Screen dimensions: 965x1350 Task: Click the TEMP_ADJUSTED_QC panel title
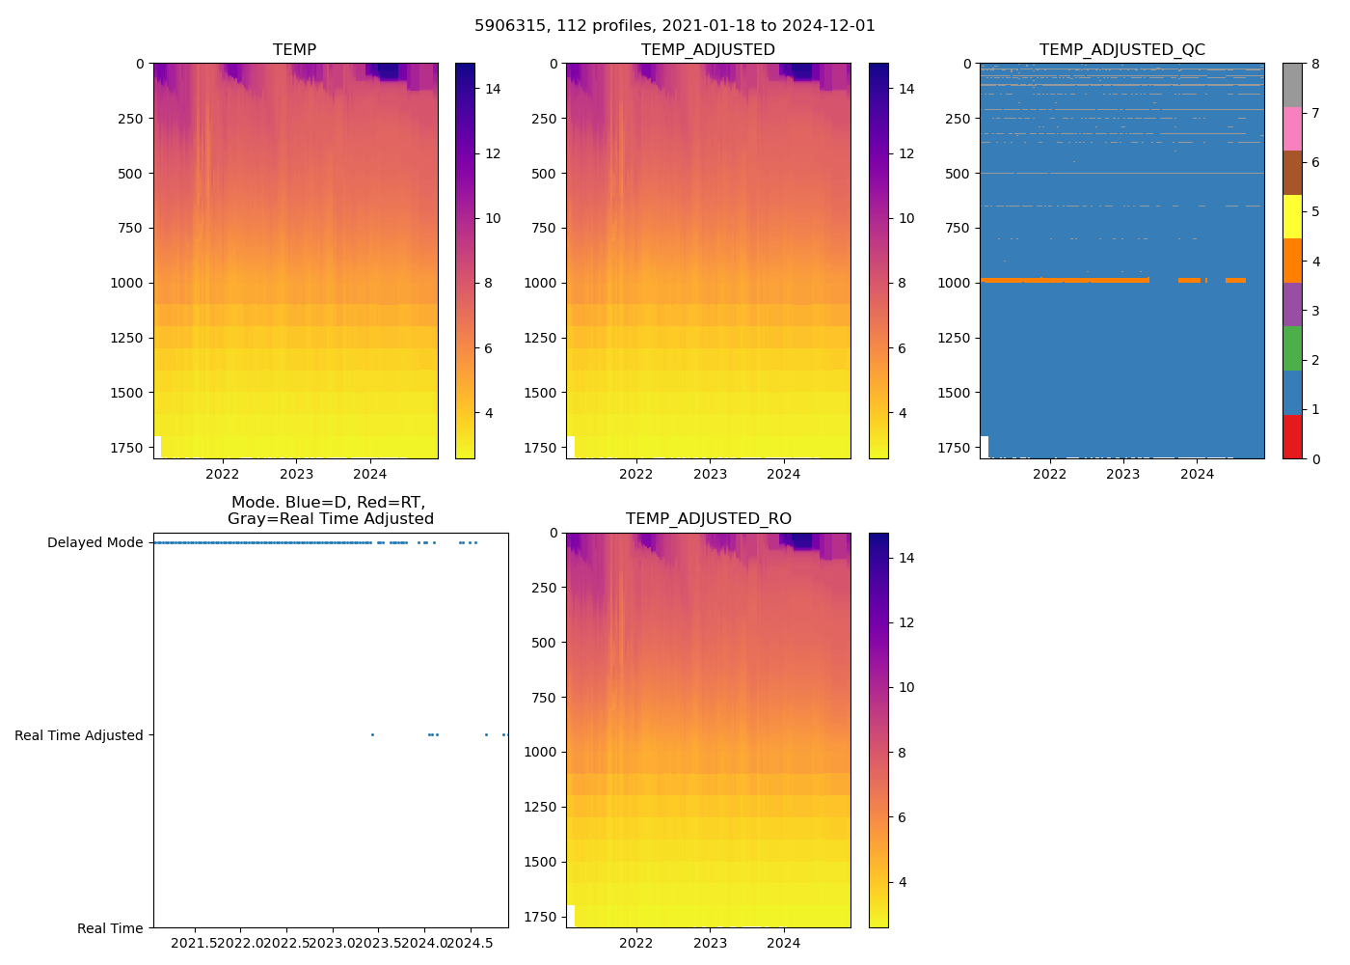coord(1121,50)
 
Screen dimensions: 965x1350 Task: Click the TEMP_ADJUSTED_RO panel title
coord(708,519)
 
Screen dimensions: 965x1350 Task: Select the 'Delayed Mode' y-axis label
coord(94,542)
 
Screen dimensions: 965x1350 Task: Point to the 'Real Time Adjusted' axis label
coord(78,735)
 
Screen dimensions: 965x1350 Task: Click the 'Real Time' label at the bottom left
coord(110,928)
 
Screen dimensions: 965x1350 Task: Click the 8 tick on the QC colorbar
coord(1315,65)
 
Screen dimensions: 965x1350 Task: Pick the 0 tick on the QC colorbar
coord(1315,459)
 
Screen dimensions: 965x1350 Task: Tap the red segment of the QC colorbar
coord(1292,437)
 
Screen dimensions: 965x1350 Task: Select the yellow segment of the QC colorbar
coord(1292,217)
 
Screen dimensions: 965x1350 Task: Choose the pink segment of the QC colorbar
coord(1292,129)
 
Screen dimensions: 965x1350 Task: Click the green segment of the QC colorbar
coord(1292,348)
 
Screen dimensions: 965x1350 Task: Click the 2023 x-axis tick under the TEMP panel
coord(296,474)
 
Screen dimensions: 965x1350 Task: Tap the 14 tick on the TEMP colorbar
coord(492,89)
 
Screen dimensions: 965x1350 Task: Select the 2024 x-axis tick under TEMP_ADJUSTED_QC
coord(1197,474)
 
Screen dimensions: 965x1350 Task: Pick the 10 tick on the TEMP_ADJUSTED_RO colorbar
coord(905,688)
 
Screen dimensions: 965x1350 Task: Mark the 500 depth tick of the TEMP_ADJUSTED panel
coord(544,174)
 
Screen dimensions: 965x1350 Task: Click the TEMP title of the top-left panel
coord(294,50)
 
